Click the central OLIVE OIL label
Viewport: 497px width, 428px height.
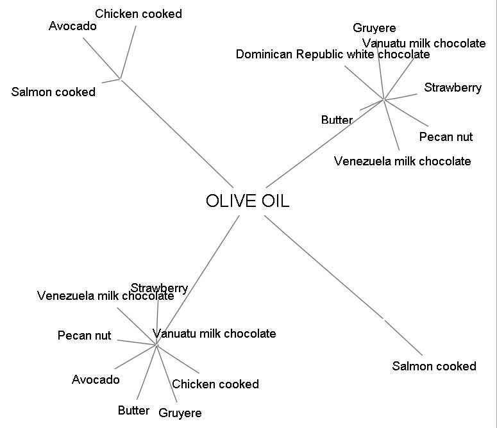click(x=248, y=201)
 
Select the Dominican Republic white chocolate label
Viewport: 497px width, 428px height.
click(x=333, y=54)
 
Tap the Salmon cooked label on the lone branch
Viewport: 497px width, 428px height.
click(x=434, y=366)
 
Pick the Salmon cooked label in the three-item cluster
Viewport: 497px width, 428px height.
click(x=53, y=92)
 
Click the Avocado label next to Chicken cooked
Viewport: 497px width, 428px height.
click(x=72, y=26)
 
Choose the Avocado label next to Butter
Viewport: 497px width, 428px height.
click(x=96, y=379)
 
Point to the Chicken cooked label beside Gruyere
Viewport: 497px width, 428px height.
click(x=215, y=384)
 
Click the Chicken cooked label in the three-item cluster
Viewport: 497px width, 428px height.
click(x=139, y=13)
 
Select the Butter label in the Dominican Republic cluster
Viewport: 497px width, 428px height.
click(x=337, y=120)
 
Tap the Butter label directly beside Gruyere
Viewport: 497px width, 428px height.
click(x=133, y=410)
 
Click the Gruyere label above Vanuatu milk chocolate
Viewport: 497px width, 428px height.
click(x=375, y=28)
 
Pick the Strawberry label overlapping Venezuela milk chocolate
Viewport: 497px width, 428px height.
click(x=159, y=288)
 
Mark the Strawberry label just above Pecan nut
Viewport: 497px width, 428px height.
click(x=453, y=88)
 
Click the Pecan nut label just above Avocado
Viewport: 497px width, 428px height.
click(x=84, y=335)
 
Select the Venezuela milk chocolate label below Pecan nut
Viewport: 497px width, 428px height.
click(x=402, y=161)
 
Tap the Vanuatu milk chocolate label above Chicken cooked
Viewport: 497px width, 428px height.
click(x=214, y=333)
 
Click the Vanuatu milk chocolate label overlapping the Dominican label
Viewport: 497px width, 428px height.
click(x=424, y=43)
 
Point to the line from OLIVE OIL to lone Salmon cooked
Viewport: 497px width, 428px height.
click(x=343, y=285)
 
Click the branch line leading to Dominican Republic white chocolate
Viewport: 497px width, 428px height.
click(x=364, y=83)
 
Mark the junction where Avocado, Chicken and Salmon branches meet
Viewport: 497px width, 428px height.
click(x=121, y=79)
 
